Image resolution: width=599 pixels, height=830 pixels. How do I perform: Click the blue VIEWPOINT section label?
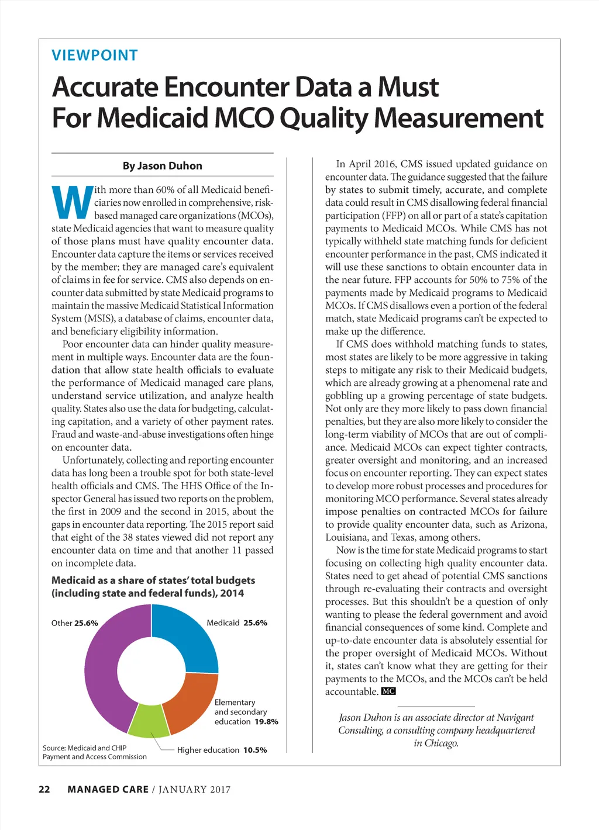[x=95, y=56]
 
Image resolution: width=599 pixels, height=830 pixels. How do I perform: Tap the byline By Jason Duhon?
[x=162, y=166]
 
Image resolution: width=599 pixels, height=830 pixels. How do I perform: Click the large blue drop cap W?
[x=72, y=202]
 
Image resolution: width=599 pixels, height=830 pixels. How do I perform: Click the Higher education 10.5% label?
[x=222, y=750]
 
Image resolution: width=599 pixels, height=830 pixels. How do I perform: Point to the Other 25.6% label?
[x=74, y=623]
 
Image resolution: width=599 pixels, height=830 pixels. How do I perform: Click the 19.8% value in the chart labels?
[x=266, y=722]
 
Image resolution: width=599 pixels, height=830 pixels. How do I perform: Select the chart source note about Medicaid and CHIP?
[x=94, y=752]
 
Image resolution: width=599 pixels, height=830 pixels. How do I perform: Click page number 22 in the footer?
[x=44, y=790]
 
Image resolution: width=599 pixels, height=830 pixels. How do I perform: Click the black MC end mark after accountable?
[x=388, y=691]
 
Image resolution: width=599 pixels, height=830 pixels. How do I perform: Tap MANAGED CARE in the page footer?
[x=108, y=790]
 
